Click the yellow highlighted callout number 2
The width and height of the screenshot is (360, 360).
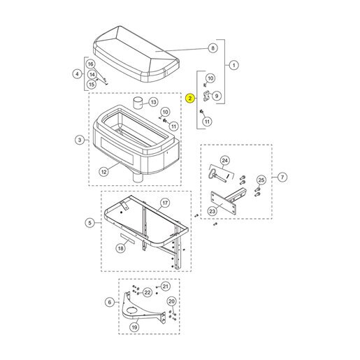click(x=190, y=99)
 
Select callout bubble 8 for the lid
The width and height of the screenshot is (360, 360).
click(x=213, y=48)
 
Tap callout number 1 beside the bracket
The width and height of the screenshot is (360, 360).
click(x=234, y=65)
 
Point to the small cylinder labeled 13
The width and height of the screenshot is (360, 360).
click(x=138, y=103)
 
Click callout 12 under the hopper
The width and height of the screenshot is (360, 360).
click(x=104, y=172)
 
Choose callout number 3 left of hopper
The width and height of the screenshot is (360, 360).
click(x=80, y=140)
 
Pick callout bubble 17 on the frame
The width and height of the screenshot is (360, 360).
click(x=165, y=203)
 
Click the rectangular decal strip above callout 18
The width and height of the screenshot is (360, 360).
click(x=127, y=238)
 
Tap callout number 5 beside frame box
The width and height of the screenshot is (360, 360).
click(x=90, y=223)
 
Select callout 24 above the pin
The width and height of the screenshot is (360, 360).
click(x=225, y=161)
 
